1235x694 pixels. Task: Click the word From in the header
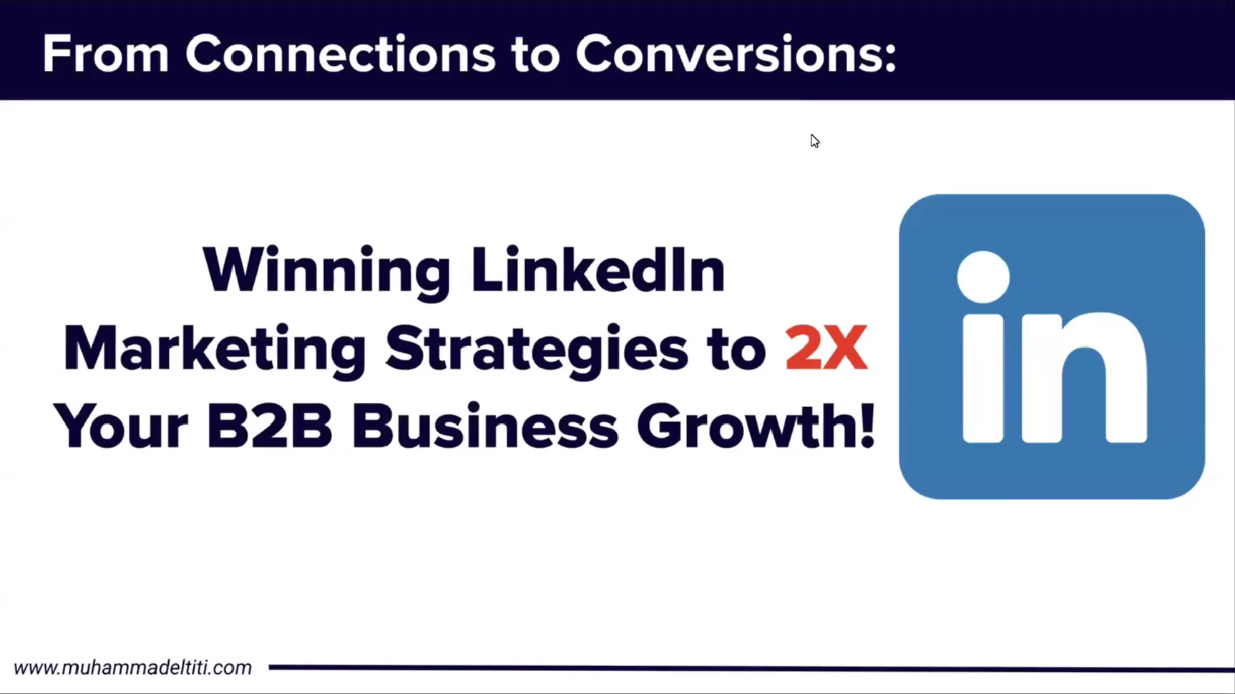coord(106,54)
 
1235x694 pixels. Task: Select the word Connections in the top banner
coord(341,54)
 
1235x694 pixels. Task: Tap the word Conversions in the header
coord(736,54)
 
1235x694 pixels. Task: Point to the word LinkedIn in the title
coord(598,270)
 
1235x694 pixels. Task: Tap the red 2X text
coord(826,348)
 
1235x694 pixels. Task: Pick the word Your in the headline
coord(120,426)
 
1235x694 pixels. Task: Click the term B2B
coord(270,426)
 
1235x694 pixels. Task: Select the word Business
coord(484,426)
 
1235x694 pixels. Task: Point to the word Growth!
coord(756,426)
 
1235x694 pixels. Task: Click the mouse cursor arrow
coord(815,141)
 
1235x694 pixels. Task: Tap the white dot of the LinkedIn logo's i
coord(983,277)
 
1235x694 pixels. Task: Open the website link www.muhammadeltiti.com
coord(133,668)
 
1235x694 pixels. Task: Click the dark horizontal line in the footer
coord(751,668)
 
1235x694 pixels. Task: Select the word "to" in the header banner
coord(535,55)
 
